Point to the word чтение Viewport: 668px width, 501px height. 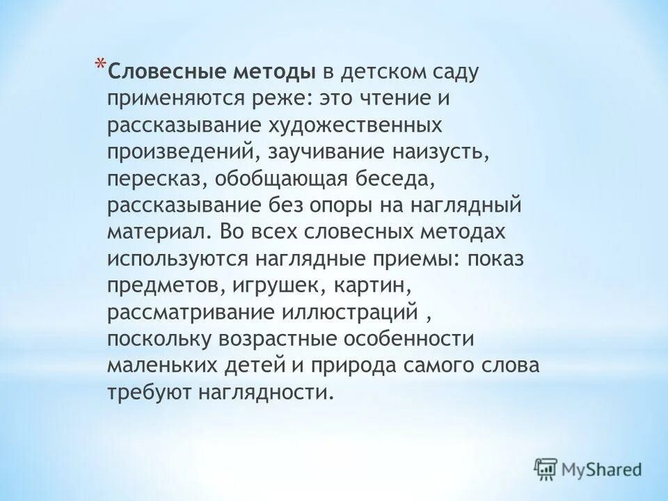[402, 99]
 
